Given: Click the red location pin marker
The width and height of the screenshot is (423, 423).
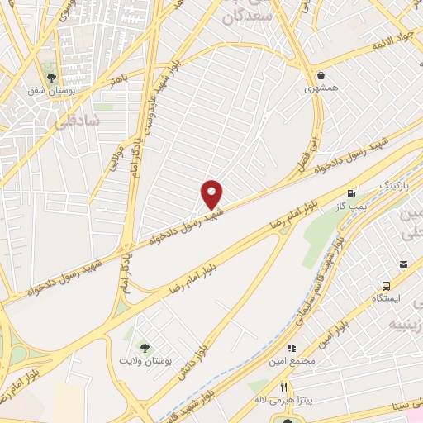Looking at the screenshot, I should (x=212, y=195).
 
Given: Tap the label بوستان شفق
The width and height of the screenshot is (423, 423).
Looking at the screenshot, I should (x=50, y=91).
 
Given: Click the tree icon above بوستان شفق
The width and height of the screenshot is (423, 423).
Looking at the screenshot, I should (x=51, y=78).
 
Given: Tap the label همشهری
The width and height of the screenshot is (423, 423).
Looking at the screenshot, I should (x=319, y=88).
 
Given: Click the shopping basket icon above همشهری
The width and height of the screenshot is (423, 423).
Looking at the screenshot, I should (x=319, y=75).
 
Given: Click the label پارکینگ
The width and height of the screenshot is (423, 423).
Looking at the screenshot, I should (x=394, y=183).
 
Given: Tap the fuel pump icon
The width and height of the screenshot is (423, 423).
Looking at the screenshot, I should (x=354, y=190).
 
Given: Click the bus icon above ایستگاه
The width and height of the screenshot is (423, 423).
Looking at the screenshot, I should (x=403, y=264).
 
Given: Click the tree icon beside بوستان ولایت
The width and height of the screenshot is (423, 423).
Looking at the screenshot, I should (x=145, y=348).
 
